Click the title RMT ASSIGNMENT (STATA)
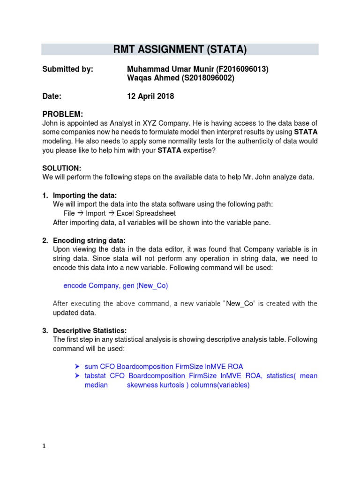point(180,49)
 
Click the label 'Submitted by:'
point(67,69)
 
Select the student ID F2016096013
point(242,69)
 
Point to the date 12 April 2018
point(150,96)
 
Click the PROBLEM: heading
point(63,114)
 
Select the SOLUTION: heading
point(62,168)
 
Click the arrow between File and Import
point(80,213)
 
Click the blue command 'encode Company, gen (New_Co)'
point(115,285)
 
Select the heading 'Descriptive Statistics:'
point(90,330)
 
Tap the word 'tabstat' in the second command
point(95,376)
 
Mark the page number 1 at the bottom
point(44,446)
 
